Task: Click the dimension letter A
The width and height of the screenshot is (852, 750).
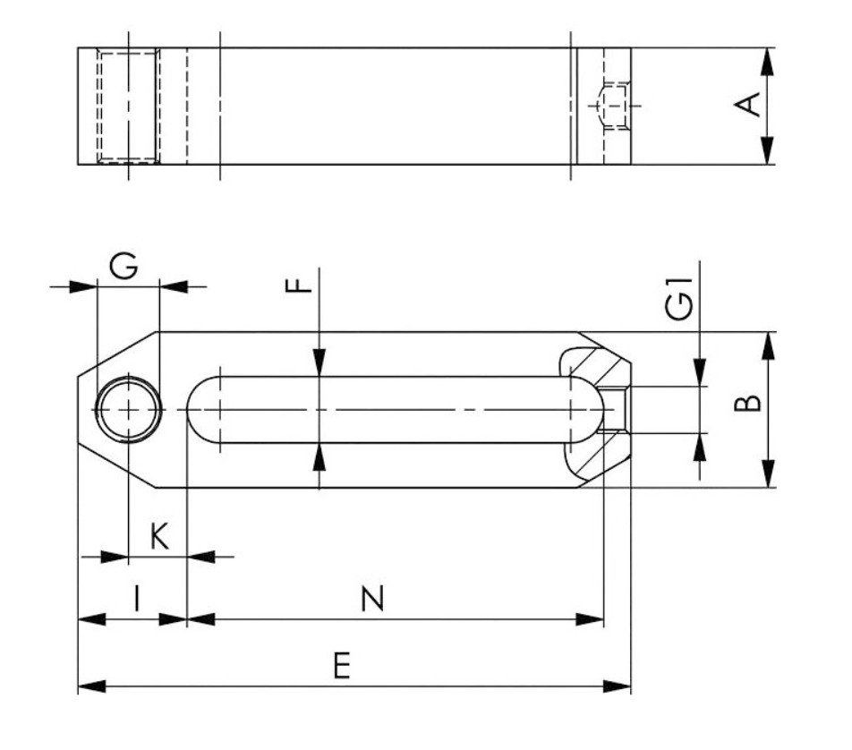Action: (x=748, y=106)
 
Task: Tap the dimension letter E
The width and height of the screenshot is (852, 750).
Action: (x=341, y=667)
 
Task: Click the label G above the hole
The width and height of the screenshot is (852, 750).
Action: (x=124, y=267)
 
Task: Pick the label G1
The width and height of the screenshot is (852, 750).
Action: (x=680, y=301)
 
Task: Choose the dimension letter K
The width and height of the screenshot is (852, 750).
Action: (x=158, y=537)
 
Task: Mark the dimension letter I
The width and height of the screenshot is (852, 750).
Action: (x=136, y=598)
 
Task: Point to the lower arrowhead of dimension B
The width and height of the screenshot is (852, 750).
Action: (x=767, y=475)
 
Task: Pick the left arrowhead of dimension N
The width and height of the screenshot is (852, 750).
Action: (x=199, y=618)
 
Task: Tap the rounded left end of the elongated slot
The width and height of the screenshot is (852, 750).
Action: (x=202, y=410)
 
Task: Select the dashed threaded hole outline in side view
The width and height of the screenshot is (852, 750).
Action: (x=128, y=107)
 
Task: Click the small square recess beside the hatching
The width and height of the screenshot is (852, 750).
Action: (x=616, y=410)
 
